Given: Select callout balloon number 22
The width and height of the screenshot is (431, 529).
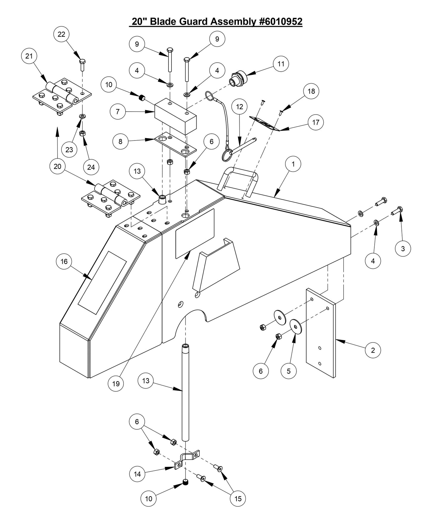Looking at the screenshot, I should click(61, 34).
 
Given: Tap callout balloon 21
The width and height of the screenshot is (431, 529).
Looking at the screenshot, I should click(29, 56).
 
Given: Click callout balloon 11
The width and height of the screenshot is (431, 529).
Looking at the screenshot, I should click(281, 64).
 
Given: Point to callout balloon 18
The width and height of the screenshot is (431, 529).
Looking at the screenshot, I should click(311, 91).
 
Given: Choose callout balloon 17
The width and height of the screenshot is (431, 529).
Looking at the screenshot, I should click(316, 122).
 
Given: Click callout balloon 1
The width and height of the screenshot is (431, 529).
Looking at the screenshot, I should click(293, 164).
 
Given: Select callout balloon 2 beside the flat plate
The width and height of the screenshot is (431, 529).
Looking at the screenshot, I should click(373, 350).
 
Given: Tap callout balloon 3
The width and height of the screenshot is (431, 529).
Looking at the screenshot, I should click(403, 248).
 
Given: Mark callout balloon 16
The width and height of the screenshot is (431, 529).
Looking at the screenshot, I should click(64, 262).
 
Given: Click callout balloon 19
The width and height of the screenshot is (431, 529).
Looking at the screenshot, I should click(116, 383).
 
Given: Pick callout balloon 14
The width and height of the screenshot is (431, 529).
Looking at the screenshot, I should click(137, 474).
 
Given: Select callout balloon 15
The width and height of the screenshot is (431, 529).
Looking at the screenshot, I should click(238, 498).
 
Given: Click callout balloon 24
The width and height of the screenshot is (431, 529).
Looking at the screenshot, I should click(91, 167).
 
